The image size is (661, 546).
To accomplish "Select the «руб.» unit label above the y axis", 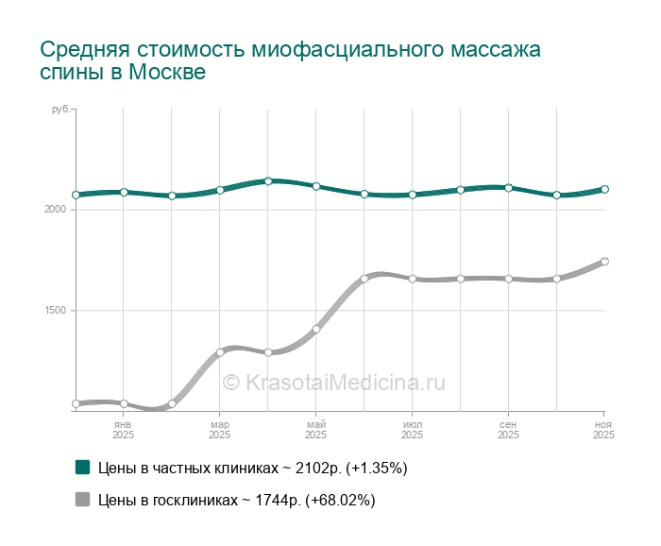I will [x=61, y=111].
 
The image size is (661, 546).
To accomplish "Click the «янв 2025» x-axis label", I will [x=124, y=430].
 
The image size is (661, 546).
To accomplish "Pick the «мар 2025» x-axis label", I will [x=220, y=430].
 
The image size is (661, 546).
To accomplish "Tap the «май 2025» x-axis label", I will [x=316, y=430].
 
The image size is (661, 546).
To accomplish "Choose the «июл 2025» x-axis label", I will [x=413, y=430].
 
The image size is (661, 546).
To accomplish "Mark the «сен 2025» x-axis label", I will [x=509, y=430].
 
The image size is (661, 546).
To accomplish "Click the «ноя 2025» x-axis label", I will [x=603, y=430].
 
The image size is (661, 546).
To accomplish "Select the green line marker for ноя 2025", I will [x=604, y=189].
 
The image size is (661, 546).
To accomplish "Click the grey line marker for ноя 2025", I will [x=604, y=262].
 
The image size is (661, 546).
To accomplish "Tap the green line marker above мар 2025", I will [x=220, y=190].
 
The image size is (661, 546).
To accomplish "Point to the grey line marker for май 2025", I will [x=316, y=329].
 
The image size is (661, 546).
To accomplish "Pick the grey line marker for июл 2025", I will [x=413, y=279].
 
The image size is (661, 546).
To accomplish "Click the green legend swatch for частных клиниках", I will [x=82, y=468].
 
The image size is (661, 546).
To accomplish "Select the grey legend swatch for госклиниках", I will [x=82, y=500].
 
